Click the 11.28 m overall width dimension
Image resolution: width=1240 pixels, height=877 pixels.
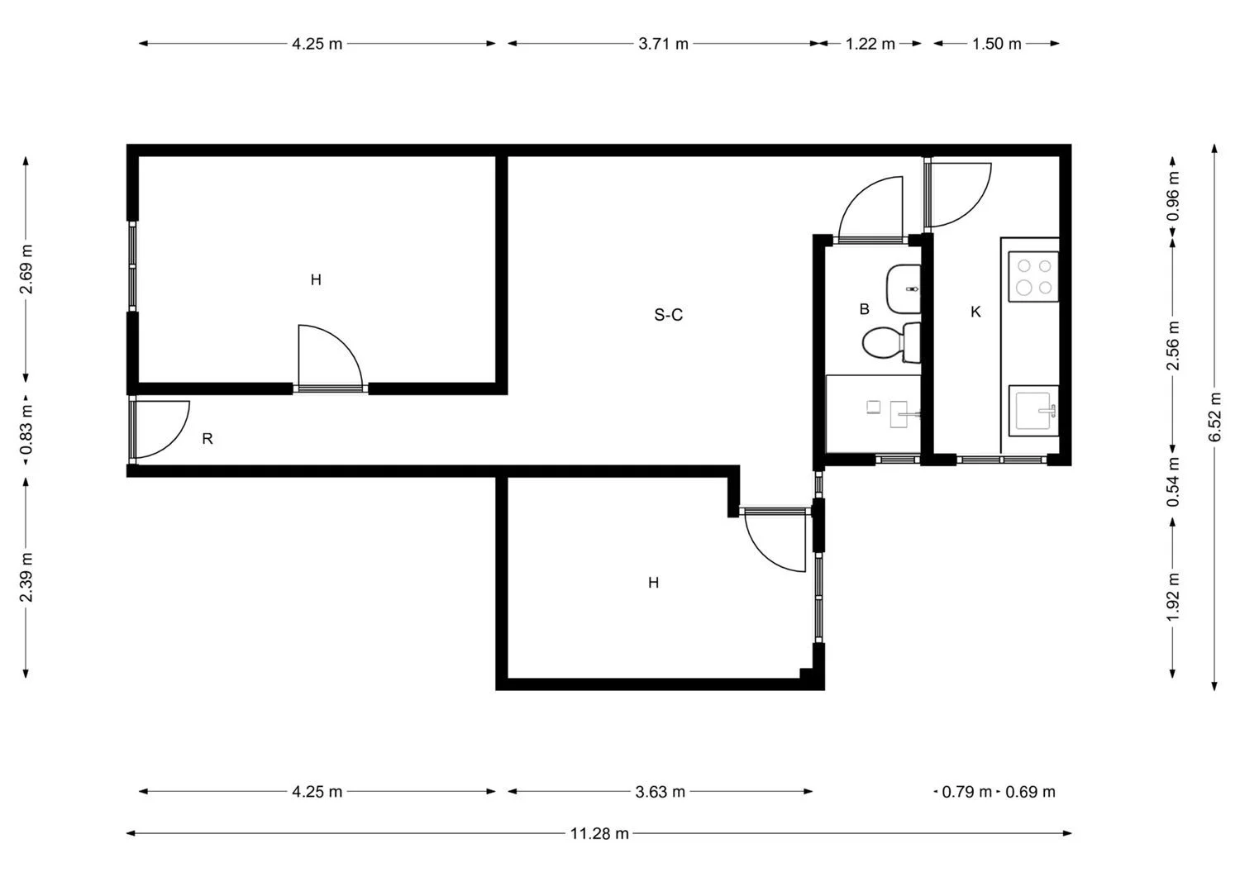(599, 833)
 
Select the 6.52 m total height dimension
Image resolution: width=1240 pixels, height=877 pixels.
(1214, 417)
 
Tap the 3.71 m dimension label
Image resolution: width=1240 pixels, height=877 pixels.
(663, 44)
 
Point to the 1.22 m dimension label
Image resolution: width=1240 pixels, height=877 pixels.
(870, 44)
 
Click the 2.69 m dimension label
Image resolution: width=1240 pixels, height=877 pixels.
(26, 269)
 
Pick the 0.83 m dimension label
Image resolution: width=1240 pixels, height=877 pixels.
(26, 429)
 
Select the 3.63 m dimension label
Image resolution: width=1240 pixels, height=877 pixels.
(660, 792)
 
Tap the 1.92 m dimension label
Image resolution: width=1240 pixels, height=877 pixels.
(1173, 598)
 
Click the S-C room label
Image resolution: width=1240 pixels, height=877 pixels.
(668, 315)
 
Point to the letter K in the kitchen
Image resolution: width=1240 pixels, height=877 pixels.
(976, 312)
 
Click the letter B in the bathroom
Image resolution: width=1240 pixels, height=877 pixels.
(864, 309)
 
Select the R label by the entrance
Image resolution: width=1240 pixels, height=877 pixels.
(207, 439)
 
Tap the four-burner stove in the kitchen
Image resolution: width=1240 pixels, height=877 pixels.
(1033, 277)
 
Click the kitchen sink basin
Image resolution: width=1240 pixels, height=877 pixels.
(1033, 411)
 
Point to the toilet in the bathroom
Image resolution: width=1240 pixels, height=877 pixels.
(891, 343)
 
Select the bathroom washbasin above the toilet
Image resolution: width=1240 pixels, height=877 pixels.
(904, 289)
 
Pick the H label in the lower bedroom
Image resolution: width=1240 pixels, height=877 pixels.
(653, 583)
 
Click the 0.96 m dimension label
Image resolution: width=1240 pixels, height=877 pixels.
(1173, 196)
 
